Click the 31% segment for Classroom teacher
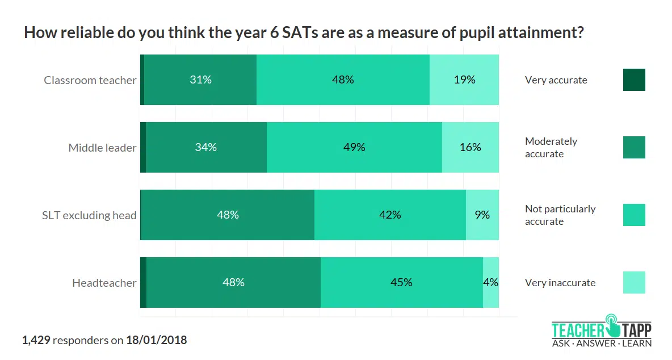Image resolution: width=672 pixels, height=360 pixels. point(200,80)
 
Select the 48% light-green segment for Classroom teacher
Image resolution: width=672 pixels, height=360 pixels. point(343,80)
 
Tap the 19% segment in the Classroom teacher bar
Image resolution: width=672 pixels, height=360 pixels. point(464,80)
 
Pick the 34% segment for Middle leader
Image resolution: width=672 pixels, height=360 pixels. point(206,148)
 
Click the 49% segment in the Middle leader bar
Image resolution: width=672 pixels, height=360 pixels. point(354,148)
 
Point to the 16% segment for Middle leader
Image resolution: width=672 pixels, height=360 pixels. point(471,148)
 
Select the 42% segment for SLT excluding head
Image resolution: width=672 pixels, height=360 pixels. point(390,215)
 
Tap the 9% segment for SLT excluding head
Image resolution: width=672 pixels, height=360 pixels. point(482,215)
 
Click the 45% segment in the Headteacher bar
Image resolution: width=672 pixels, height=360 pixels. point(401,283)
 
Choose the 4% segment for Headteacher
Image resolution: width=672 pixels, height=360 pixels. point(491,283)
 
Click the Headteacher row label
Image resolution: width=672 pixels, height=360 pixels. point(104,283)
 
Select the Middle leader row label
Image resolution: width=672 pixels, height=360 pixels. point(103,148)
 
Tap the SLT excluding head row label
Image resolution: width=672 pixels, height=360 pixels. point(89,215)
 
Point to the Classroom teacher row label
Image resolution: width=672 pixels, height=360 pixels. point(90,80)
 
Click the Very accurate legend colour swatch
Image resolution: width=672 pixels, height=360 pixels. point(634,80)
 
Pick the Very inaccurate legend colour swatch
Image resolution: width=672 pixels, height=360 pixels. point(634,283)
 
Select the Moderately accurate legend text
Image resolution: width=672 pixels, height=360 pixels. point(551,148)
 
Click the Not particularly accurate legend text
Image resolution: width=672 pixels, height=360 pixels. point(560,215)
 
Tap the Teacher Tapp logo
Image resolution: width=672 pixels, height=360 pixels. point(602,330)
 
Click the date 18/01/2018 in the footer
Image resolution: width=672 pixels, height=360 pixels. point(157,341)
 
